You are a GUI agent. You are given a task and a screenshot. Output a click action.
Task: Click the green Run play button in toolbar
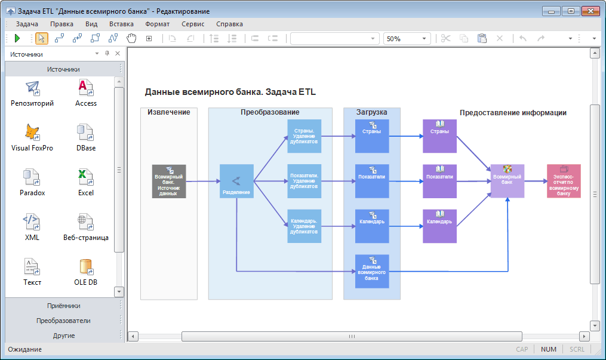click(x=17, y=38)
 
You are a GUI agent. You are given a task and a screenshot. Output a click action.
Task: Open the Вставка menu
click(x=121, y=24)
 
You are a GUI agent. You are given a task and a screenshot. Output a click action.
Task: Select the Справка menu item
click(x=229, y=24)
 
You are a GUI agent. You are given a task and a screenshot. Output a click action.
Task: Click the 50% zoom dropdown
click(x=407, y=38)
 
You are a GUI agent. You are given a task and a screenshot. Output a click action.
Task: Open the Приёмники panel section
click(x=63, y=305)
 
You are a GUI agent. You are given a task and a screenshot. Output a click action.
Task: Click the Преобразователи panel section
click(x=63, y=321)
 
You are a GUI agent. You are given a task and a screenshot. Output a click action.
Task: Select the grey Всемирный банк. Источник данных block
click(x=169, y=181)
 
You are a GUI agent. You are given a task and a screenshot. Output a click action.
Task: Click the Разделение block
click(x=236, y=181)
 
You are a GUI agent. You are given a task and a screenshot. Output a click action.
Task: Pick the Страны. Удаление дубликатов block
click(x=304, y=136)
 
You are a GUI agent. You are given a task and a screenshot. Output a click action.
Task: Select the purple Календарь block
click(x=439, y=226)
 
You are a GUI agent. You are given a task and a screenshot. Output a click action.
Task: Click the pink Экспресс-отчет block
click(x=564, y=181)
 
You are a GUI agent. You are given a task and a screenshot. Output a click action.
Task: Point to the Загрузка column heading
click(x=371, y=112)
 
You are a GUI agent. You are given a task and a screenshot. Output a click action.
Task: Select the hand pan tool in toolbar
click(x=131, y=38)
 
